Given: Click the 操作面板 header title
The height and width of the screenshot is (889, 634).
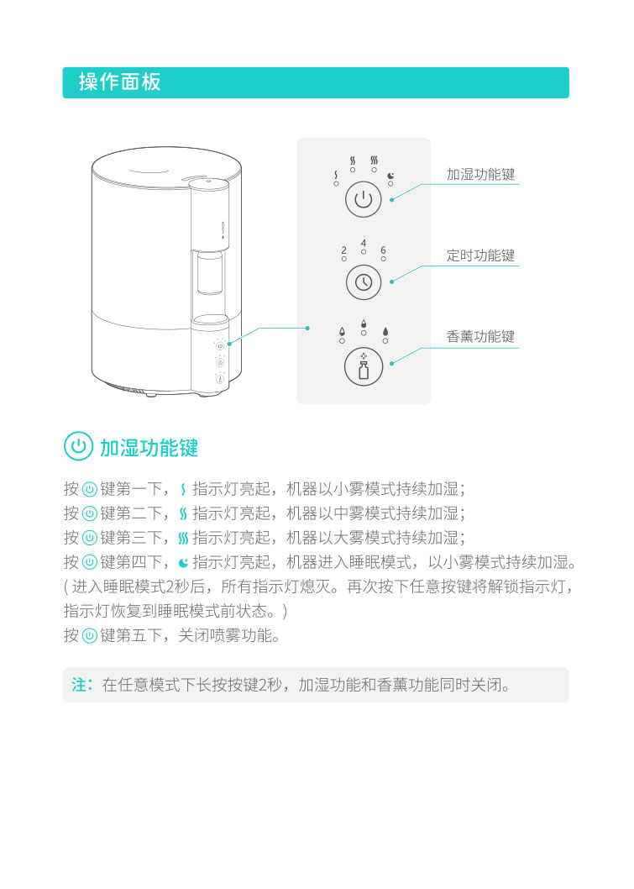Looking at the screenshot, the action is point(119,82).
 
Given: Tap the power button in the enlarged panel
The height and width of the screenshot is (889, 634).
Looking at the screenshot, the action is point(363,199).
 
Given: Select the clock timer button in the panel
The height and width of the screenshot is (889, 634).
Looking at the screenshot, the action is point(363,281).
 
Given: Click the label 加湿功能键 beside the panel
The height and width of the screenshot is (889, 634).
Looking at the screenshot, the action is point(480,174).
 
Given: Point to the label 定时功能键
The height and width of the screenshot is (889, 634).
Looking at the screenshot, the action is point(480,255).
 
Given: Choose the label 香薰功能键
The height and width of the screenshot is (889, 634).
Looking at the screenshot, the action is point(480,336).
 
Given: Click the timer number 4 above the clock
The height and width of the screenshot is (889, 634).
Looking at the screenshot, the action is point(363,243).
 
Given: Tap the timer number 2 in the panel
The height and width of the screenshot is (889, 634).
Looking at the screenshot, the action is point(344,250).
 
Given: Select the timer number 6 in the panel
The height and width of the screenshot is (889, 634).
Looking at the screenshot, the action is point(383,250).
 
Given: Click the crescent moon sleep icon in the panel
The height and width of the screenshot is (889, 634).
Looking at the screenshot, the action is point(390,176).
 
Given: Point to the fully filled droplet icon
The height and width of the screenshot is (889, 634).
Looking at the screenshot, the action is point(385,332).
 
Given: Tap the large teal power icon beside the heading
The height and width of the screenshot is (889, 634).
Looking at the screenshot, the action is point(78,446).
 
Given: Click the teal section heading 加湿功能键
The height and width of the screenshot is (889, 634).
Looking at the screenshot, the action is point(149,448).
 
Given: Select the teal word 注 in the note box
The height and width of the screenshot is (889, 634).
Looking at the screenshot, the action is point(79,685).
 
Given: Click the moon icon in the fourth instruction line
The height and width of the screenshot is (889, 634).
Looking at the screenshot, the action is point(183,563).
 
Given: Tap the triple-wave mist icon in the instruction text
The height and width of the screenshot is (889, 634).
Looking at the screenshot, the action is point(183,538).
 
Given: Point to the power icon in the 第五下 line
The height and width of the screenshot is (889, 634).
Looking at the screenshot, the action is point(90,635).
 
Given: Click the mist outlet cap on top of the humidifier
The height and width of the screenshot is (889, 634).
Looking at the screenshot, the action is point(208,182).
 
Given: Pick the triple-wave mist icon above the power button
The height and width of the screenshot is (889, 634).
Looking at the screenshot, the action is point(374,160).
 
